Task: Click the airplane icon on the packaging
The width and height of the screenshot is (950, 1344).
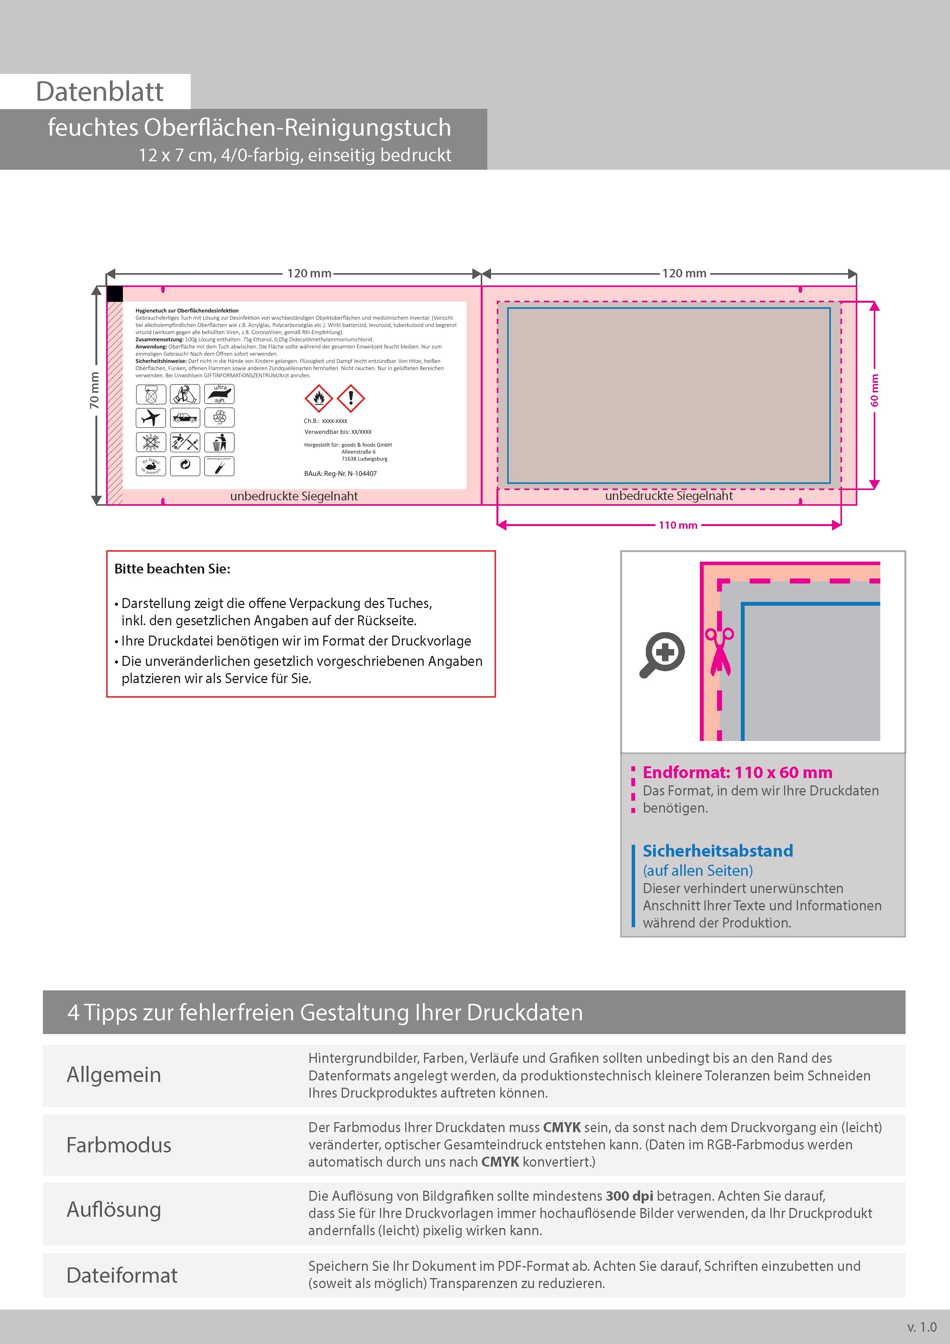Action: coord(151,418)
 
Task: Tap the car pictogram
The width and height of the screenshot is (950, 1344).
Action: coord(185,418)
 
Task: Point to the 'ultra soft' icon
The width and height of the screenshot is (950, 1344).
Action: coord(219,394)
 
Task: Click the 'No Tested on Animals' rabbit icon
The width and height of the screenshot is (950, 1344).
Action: coord(151,466)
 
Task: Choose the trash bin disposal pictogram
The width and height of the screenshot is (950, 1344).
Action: coord(219,442)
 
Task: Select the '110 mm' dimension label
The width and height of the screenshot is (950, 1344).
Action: coord(678,525)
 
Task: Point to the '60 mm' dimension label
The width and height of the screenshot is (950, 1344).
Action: coord(875,390)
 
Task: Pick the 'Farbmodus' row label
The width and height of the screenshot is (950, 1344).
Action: coord(119,1145)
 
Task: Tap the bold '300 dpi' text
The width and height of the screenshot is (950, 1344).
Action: coord(629,1196)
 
